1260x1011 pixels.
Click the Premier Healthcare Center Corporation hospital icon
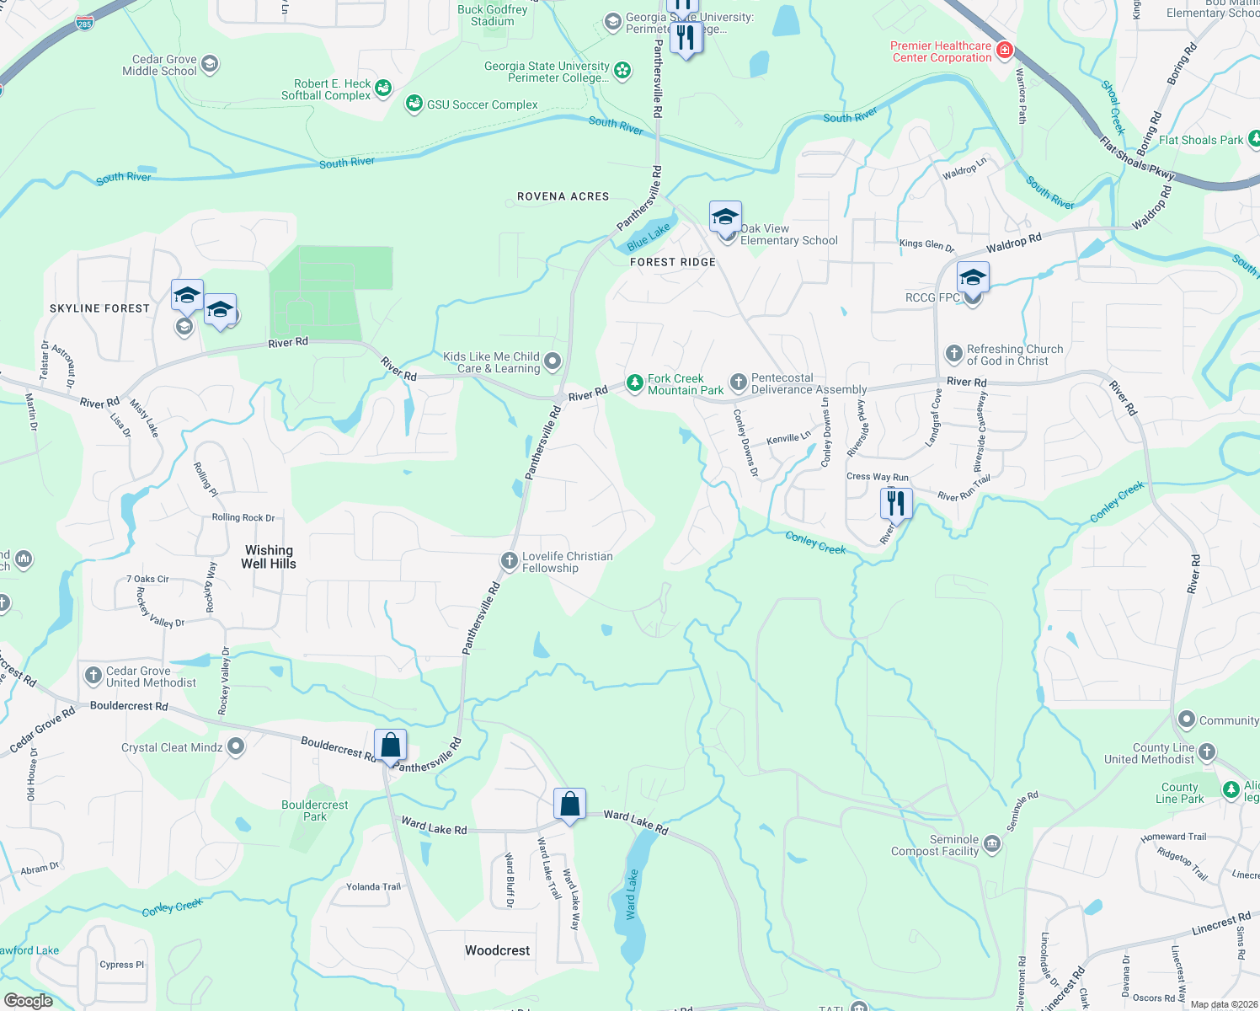point(1004,51)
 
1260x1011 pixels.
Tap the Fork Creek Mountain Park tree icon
point(634,383)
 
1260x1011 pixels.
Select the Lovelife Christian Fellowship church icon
point(509,560)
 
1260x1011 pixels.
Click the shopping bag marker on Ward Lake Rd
point(570,805)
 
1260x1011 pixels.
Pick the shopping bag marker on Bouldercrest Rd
point(391,746)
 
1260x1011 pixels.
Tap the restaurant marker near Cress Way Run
point(896,505)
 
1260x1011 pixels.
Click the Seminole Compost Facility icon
point(992,844)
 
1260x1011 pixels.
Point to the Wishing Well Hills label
point(269,557)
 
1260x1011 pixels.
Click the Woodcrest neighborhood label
point(497,950)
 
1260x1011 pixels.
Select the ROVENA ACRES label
point(563,196)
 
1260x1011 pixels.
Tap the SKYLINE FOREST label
point(99,308)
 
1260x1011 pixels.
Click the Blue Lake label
point(649,236)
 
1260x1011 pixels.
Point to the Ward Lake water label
point(631,894)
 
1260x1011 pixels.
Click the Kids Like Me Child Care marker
point(553,361)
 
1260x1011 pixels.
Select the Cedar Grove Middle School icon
point(210,64)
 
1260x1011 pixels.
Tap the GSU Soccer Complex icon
point(414,104)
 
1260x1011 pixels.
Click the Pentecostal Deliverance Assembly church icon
point(738,382)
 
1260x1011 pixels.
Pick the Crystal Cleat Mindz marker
point(236,746)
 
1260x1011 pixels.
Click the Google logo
point(29,1000)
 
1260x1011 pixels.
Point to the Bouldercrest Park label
point(314,810)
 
